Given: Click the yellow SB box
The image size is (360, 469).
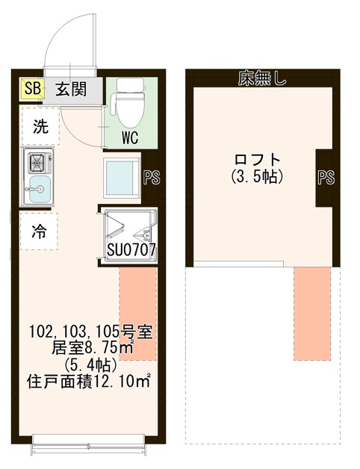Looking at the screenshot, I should [32, 89].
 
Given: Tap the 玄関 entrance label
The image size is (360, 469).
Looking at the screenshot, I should [70, 90].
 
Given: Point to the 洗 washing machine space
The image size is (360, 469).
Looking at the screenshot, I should [40, 126].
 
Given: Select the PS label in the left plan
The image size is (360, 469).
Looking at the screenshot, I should [149, 177].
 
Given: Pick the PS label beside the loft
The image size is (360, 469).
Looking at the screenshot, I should [325, 178].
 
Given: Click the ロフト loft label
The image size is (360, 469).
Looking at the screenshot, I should [258, 159].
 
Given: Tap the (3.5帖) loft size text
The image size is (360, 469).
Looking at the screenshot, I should [258, 176].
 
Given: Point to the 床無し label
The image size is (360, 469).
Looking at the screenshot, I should [262, 78].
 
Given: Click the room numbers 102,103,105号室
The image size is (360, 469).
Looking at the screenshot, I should [91, 332].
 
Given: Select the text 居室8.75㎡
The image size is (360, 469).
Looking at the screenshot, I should [91, 348].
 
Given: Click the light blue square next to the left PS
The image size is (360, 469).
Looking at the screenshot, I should [122, 177].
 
